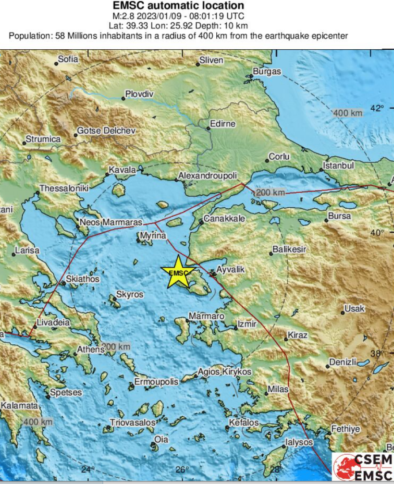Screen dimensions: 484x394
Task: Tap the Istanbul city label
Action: point(339,166)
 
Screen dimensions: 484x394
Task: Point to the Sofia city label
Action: point(68,59)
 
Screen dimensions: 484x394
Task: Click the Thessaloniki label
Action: point(64,188)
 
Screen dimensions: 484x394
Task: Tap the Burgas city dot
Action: point(251,77)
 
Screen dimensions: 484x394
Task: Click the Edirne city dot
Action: point(208,128)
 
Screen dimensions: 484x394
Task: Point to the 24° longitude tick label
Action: point(88,469)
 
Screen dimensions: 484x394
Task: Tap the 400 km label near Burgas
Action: point(348,113)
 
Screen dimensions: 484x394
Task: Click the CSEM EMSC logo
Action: point(363,467)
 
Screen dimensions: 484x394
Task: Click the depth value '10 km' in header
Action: point(235,26)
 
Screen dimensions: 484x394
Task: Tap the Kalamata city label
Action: point(19,406)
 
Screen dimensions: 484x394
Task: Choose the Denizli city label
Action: point(343,362)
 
